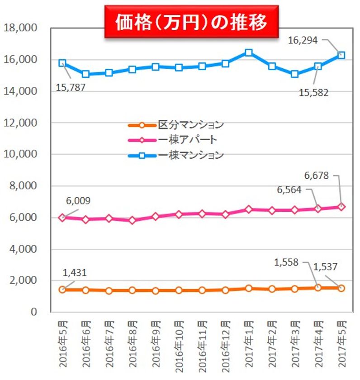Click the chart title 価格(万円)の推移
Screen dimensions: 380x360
click(191, 22)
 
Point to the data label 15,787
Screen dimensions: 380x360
click(71, 87)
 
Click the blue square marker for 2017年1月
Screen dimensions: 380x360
click(248, 52)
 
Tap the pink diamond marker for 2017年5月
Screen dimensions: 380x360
click(341, 206)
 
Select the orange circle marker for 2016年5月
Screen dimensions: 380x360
click(62, 290)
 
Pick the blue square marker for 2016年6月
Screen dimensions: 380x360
click(85, 74)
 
